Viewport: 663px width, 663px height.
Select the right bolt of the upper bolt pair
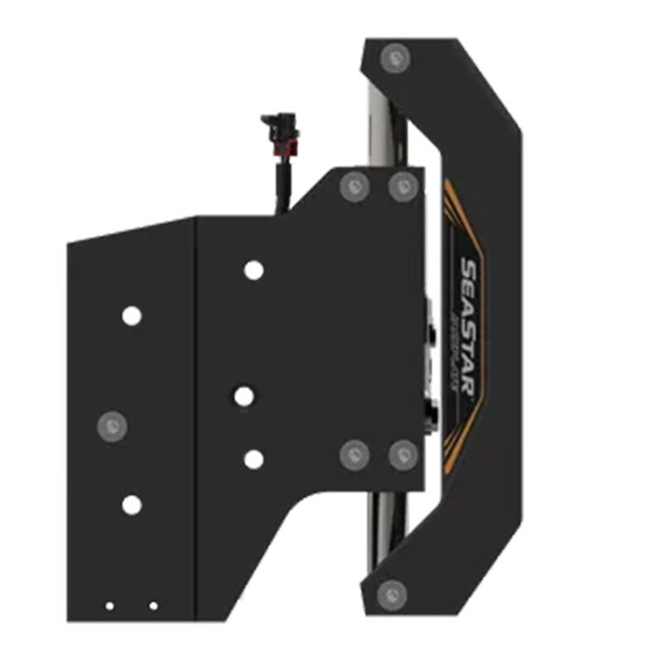[403, 186]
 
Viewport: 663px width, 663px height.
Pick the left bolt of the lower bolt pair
[356, 453]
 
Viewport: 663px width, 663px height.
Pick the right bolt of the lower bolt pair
[403, 454]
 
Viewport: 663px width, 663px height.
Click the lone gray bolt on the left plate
[112, 426]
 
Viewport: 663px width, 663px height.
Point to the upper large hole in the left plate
[131, 316]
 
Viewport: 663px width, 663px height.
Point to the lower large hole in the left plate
[131, 504]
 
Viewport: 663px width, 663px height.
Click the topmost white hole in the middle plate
[253, 269]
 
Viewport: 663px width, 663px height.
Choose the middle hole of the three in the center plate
[243, 396]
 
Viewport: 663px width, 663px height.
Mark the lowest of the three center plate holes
[254, 458]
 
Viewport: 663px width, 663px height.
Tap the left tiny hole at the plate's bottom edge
[109, 606]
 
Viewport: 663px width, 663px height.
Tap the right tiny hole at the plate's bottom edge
[153, 606]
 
